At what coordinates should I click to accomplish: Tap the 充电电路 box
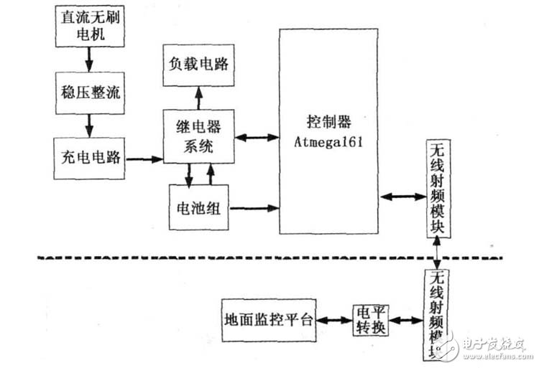point(88,157)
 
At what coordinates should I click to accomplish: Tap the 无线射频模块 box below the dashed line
point(437,313)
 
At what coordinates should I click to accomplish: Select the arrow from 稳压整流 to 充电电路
point(87,125)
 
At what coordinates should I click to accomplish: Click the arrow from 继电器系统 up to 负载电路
point(198,98)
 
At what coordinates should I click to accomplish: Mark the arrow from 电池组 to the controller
point(254,209)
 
